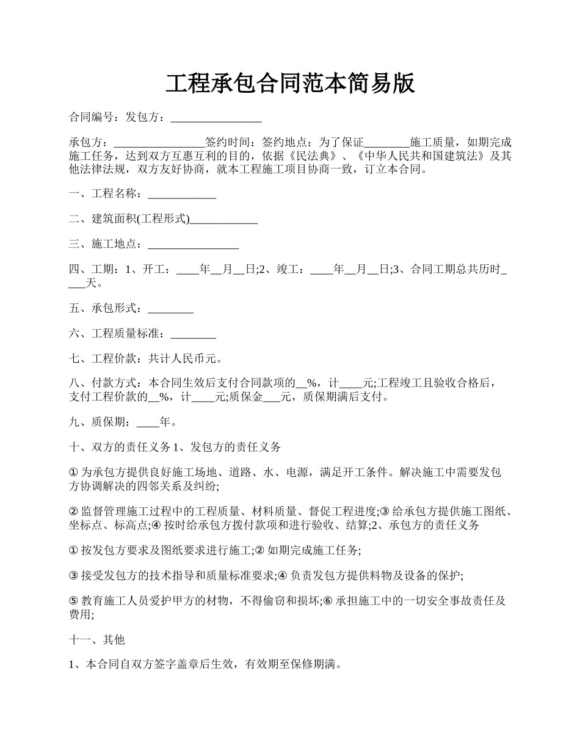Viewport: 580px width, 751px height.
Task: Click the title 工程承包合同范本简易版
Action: (x=290, y=84)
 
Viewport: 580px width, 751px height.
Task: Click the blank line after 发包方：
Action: (x=216, y=118)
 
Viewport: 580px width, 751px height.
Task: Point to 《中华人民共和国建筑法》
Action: (x=421, y=156)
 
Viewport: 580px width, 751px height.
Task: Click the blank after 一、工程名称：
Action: (x=182, y=195)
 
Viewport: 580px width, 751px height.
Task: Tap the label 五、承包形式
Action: (x=105, y=309)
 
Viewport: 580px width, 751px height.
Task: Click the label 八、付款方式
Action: (x=105, y=383)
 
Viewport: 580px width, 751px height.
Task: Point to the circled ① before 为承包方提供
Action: (x=74, y=473)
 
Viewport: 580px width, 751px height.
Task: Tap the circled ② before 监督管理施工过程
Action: (x=74, y=512)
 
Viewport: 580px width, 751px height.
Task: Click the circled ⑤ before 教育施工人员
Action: (x=74, y=601)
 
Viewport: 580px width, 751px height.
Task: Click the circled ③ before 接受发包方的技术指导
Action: (x=74, y=576)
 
